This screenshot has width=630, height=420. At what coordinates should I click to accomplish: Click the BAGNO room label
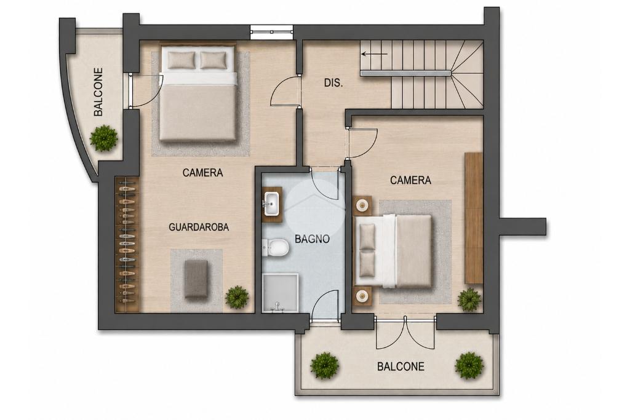[x=312, y=239]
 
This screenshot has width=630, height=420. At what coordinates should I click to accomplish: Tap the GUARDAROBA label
[x=199, y=228]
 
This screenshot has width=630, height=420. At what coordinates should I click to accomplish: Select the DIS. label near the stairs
[x=333, y=83]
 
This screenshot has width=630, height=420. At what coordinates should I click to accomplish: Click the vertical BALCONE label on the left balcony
[x=98, y=92]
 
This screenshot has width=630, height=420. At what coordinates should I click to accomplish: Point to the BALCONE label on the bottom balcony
[x=401, y=367]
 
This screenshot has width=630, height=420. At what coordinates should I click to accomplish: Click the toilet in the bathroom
[x=276, y=247]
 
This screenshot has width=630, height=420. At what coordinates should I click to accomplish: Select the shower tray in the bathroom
[x=280, y=293]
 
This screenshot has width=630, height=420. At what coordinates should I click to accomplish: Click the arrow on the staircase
[x=374, y=53]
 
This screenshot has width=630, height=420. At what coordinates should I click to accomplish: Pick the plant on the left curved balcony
[x=103, y=138]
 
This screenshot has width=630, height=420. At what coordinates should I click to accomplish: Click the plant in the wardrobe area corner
[x=237, y=297]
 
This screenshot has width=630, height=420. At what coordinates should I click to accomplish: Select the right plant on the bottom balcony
[x=469, y=365]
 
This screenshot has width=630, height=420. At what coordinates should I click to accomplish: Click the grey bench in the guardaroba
[x=196, y=279]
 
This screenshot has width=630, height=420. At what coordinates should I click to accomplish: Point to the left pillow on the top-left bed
[x=181, y=60]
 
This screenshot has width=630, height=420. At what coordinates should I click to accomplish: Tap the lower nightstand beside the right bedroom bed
[x=363, y=296]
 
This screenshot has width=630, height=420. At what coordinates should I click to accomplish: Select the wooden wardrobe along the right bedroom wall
[x=473, y=218]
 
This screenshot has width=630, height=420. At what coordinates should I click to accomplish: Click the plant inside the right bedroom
[x=469, y=299]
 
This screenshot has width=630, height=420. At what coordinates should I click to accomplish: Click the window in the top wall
[x=271, y=32]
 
